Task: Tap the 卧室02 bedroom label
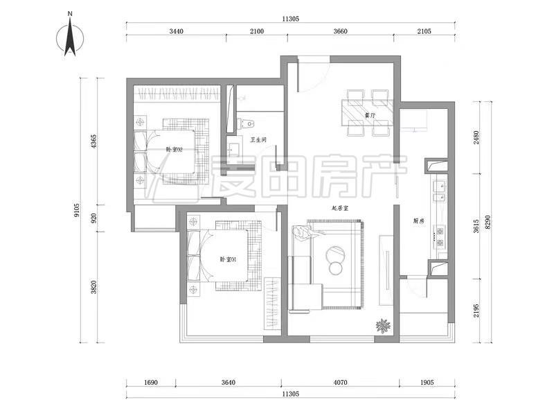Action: point(175,149)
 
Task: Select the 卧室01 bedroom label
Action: point(229,259)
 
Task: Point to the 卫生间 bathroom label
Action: point(258,140)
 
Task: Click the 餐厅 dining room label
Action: point(370,115)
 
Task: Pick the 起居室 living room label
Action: point(340,209)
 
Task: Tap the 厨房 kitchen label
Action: point(419,220)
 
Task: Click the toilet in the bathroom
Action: point(246,124)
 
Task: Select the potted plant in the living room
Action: point(383,326)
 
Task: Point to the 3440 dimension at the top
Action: point(177,31)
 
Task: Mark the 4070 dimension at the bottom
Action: point(340,383)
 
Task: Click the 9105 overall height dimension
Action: point(77,210)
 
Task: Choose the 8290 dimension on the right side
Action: point(488,222)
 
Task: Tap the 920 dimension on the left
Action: point(93,218)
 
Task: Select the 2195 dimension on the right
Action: point(476,310)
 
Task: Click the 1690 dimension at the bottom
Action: point(151,383)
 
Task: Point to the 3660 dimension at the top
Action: point(340,31)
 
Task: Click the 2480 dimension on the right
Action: point(476,137)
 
